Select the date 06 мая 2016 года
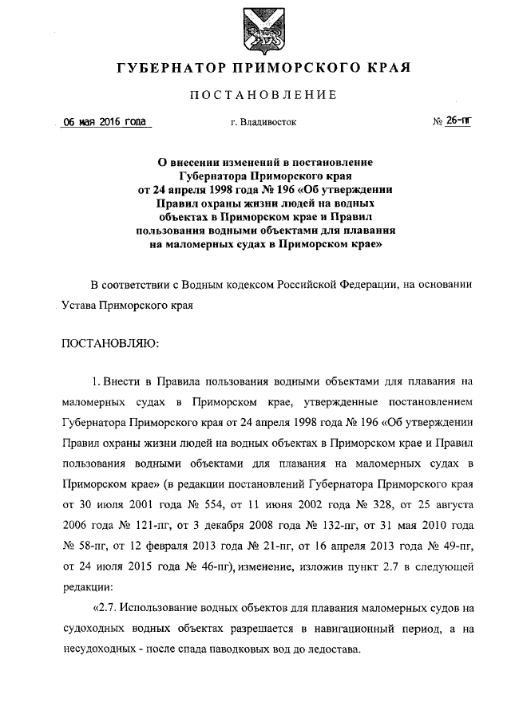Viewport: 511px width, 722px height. coord(105,123)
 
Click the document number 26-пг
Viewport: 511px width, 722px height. coord(458,123)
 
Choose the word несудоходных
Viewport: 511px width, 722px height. coord(97,649)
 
